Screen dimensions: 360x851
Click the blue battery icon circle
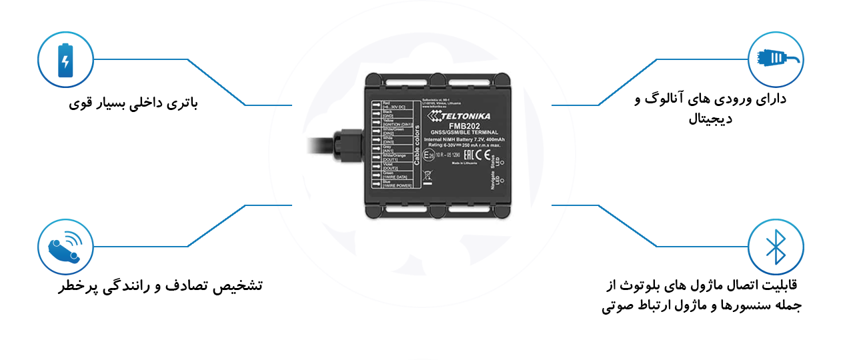tap(65, 60)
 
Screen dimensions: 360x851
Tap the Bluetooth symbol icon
tap(774, 246)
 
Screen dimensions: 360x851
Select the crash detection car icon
tap(65, 247)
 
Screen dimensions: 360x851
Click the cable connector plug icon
tap(774, 59)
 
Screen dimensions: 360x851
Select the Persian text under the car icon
tap(159, 287)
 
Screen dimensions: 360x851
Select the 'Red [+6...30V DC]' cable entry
tap(393, 105)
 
